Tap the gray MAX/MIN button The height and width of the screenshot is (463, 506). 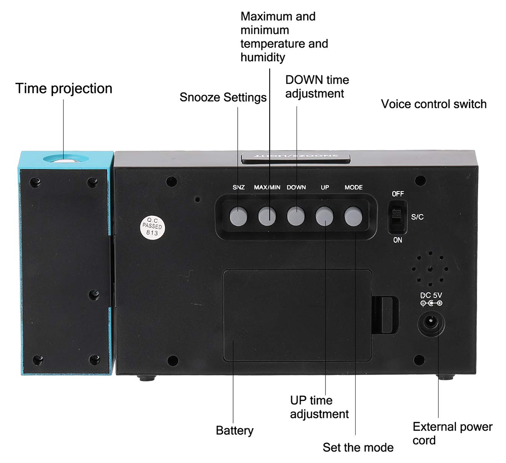coord(268,216)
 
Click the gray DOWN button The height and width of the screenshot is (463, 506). coord(297,216)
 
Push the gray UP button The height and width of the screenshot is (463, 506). coord(325,216)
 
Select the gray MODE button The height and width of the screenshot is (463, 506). coord(354,216)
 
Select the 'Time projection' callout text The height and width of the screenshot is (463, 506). coord(64,88)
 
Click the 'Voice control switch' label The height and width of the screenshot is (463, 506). coord(434,104)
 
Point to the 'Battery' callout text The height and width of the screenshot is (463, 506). coord(235,431)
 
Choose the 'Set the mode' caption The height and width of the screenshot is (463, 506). coord(358,447)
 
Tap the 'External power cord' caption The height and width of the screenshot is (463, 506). coord(452,433)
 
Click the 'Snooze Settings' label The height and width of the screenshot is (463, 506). coord(223,97)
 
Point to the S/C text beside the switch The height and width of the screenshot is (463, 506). coord(418,216)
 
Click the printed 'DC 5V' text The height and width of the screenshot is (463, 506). coord(432,295)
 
